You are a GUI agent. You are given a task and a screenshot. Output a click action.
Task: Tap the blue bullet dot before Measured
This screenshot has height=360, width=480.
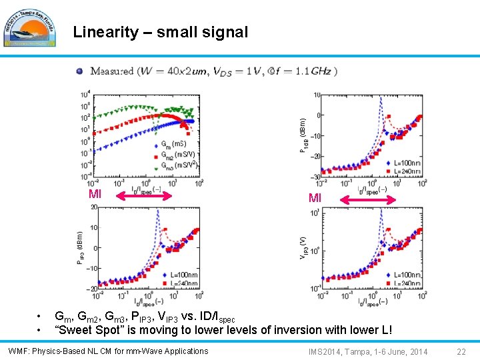tap(79, 71)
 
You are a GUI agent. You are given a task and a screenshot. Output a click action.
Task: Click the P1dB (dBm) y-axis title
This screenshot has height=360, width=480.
tap(303, 135)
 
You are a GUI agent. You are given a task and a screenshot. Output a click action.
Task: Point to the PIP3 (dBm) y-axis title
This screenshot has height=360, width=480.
tap(80, 248)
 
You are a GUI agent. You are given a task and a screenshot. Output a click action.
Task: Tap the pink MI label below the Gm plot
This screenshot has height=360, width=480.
tap(95, 195)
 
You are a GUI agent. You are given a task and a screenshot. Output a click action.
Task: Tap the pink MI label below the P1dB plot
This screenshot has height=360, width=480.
tap(315, 198)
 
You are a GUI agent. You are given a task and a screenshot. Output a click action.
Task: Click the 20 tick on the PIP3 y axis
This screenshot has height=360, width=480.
tap(93, 207)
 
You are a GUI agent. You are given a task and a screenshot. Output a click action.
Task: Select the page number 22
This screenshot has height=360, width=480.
tap(461, 351)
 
